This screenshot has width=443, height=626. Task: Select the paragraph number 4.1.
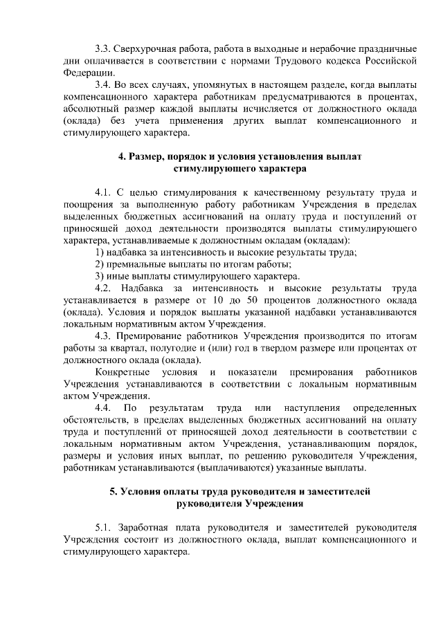(x=103, y=192)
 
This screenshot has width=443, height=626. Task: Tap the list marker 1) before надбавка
(x=100, y=252)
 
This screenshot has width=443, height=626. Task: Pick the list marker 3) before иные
(x=100, y=276)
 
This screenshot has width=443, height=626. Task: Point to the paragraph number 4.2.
(x=103, y=288)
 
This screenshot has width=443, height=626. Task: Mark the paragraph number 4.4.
(x=104, y=408)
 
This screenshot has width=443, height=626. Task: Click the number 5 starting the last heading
(x=113, y=492)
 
